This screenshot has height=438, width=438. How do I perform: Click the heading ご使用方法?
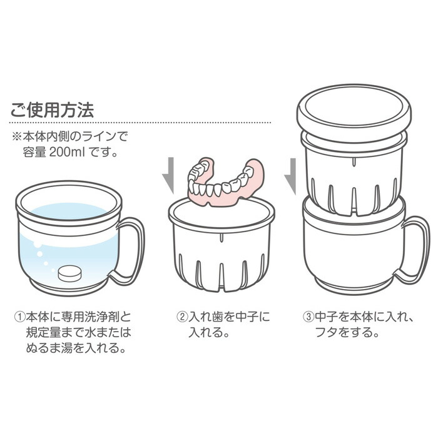(52, 110)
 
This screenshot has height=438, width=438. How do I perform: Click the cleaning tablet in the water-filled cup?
(69, 273)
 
